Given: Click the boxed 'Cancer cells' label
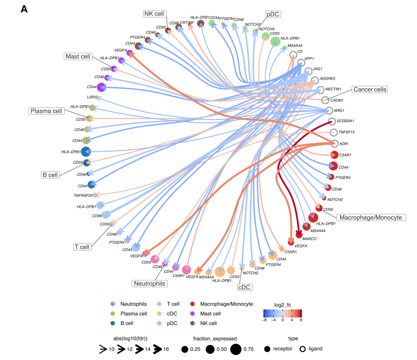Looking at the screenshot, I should tap(369, 89).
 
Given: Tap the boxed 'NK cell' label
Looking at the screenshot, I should tap(154, 14).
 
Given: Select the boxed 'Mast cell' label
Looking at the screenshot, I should tap(78, 57).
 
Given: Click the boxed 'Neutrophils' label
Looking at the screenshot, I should tap(149, 284).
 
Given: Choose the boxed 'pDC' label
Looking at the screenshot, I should tap(273, 14).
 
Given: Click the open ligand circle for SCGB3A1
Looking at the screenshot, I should tap(331, 121).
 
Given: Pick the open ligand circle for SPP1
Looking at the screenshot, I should tap(301, 62).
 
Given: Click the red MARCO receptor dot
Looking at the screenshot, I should tap(299, 234).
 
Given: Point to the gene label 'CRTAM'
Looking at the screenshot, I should tap(187, 23).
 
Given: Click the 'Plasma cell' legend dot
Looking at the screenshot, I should tap(112, 314).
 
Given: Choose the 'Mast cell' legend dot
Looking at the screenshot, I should tap(195, 314).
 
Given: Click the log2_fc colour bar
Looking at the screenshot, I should tap(283, 313).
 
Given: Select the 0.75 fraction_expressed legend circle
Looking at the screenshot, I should tap(236, 349).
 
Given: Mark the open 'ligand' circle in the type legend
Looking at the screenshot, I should tap(303, 349).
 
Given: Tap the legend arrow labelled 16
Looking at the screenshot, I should tap(158, 349).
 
